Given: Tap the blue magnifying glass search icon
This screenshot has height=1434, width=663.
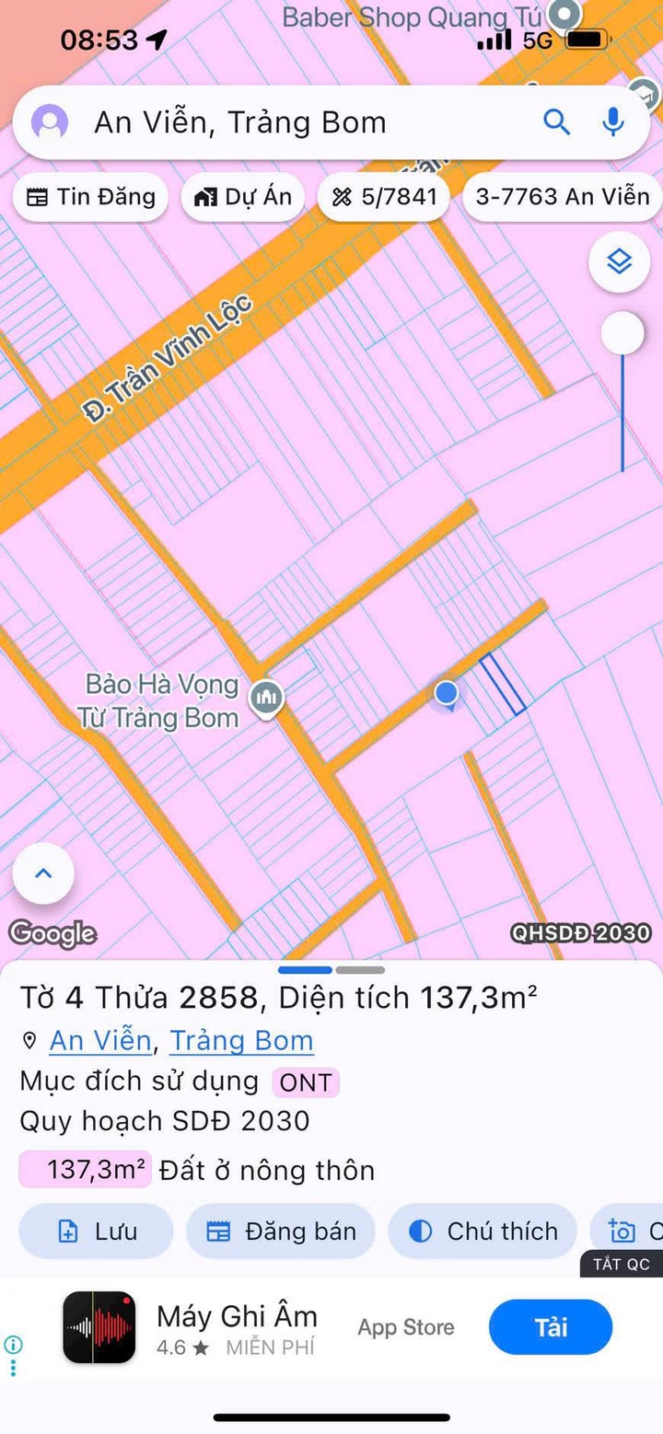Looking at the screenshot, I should click(557, 121).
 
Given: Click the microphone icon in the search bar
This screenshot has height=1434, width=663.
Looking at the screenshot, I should click(613, 121).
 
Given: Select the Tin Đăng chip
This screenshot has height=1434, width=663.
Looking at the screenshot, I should click(90, 197).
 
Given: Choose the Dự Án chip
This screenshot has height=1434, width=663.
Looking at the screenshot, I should click(243, 197).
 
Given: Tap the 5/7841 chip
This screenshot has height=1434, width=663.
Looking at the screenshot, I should click(384, 197).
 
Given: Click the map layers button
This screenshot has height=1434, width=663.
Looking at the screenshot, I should click(620, 262).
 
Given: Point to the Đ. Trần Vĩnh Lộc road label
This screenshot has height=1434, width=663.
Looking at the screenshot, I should click(168, 357).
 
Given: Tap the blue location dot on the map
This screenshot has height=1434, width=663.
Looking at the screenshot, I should click(447, 693).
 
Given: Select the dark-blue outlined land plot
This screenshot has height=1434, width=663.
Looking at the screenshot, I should click(503, 684).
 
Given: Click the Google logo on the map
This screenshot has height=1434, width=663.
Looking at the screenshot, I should click(52, 933).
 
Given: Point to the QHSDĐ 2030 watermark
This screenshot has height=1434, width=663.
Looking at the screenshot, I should click(581, 933).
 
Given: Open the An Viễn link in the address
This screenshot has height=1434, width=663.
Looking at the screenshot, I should click(100, 1040).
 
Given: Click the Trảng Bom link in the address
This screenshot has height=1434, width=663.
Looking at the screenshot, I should click(241, 1040).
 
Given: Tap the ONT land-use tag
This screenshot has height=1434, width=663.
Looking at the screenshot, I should click(305, 1082).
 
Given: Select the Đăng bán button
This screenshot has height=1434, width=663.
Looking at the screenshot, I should click(281, 1232).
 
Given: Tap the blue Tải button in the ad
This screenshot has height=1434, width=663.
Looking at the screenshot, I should click(551, 1327).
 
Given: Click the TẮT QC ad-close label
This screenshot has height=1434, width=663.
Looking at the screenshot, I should click(622, 1264).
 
